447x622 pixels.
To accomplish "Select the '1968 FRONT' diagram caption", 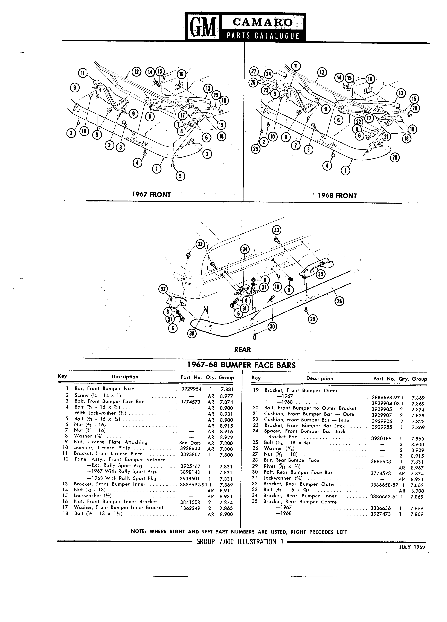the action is point(337,196).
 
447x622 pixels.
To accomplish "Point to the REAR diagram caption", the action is point(243,349).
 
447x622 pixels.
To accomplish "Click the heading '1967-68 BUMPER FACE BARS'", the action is point(241,365).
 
